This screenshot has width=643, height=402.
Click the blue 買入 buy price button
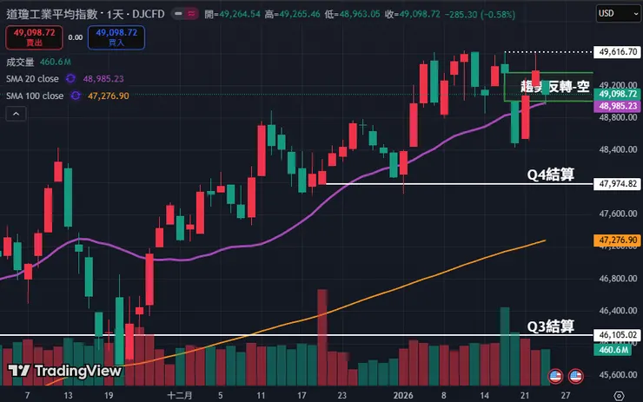[x=116, y=37]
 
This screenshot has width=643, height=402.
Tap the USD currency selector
[x=618, y=13]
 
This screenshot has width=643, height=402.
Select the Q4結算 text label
[x=552, y=175]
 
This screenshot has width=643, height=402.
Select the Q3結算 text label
[x=552, y=326]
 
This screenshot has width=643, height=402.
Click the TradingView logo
[x=65, y=370]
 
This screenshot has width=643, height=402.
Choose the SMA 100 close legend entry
[x=36, y=96]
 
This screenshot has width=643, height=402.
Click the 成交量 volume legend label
[x=19, y=62]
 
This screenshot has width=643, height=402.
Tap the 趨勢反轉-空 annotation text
[x=555, y=86]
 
